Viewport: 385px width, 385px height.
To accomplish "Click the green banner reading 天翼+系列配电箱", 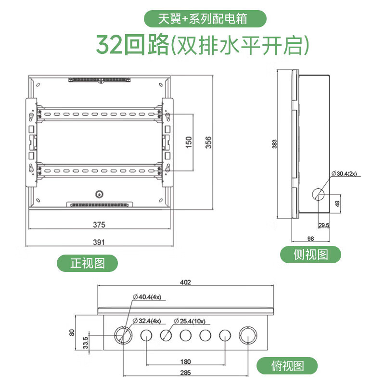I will [x=205, y=19].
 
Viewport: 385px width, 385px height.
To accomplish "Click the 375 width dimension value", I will [x=99, y=225].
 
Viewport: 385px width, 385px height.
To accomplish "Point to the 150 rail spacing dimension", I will [x=189, y=142].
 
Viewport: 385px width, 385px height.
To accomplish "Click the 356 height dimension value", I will [x=208, y=143].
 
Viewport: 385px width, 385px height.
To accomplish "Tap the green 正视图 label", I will [x=87, y=263].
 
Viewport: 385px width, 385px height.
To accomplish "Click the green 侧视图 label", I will [x=311, y=254].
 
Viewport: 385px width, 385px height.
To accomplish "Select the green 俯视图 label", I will [x=287, y=366].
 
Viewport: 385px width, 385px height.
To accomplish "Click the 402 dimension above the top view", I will [x=185, y=282].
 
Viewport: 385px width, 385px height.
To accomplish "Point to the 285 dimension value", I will [x=185, y=372].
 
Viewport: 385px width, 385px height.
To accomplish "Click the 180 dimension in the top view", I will [x=185, y=361].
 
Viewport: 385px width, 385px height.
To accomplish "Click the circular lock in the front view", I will [x=99, y=195].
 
